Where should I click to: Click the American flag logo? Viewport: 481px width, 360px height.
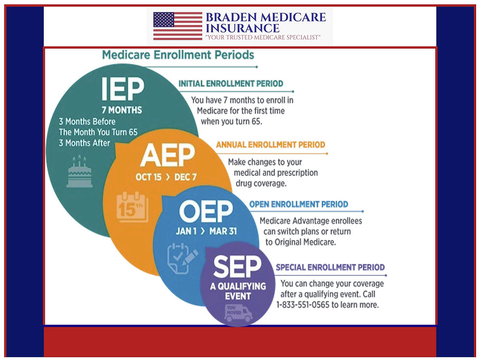[178, 26]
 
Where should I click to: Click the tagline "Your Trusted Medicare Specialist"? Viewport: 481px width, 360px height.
[263, 38]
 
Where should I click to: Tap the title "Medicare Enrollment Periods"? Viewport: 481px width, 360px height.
[178, 55]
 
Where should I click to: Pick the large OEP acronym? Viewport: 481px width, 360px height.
[206, 212]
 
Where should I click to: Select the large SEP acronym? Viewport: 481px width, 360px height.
[237, 267]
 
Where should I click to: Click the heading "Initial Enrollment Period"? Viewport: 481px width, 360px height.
[231, 84]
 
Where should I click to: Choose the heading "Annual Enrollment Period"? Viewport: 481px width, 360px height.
[270, 145]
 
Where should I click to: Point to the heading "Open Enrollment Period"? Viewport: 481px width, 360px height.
[298, 204]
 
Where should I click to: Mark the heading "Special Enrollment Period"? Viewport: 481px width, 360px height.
[330, 268]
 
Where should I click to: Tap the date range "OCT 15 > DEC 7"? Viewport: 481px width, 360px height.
[166, 177]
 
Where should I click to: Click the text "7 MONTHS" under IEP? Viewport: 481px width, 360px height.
[122, 110]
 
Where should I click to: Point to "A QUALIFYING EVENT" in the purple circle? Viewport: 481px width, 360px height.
[238, 291]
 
